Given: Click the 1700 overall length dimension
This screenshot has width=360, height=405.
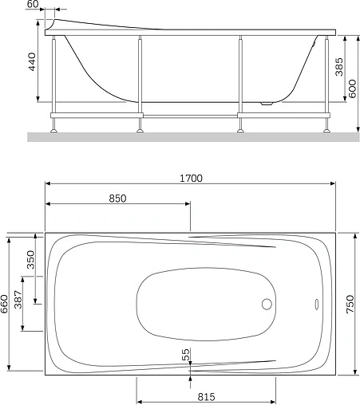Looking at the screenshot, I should coord(190,179).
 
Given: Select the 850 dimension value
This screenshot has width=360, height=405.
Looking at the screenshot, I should coord(117,199).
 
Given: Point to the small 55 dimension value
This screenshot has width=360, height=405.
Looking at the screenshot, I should coord(185,355).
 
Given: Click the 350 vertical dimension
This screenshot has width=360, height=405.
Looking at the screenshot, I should coord(31,261).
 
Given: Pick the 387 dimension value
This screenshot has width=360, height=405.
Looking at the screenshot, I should coord(18,299).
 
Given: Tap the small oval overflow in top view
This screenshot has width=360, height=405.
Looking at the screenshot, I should coord(316,304).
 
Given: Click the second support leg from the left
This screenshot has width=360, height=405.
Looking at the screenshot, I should coord(140,80).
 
